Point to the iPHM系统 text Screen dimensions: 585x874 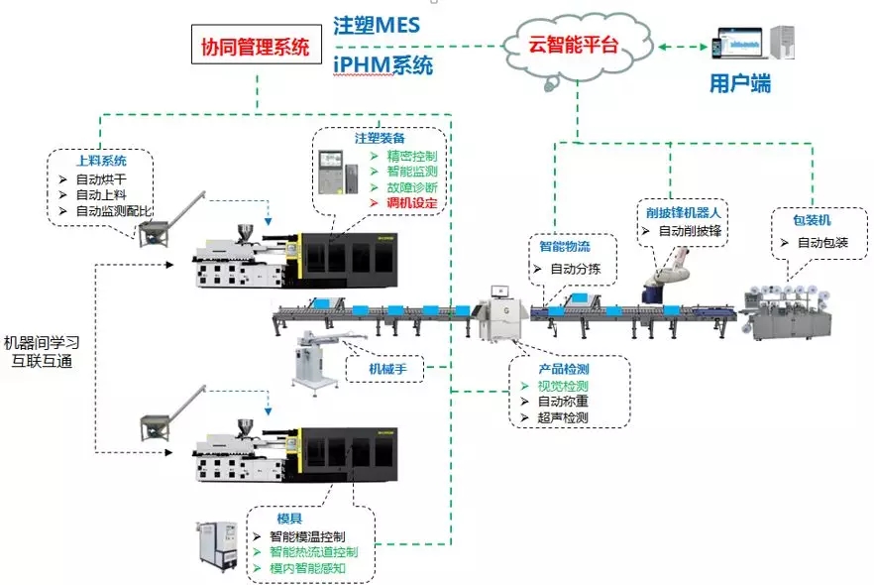click(382, 66)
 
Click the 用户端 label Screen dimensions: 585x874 click(740, 84)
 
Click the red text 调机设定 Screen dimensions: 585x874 click(410, 202)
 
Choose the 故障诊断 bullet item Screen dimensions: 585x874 click(410, 187)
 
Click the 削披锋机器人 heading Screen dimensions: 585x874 click(683, 211)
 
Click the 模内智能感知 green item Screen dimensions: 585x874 click(311, 568)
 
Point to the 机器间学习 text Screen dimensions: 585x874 click(41, 342)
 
